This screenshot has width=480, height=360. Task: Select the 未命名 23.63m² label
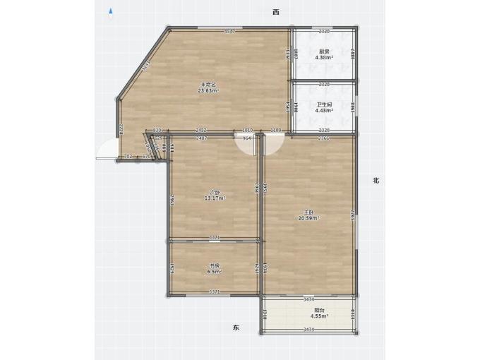(207, 88)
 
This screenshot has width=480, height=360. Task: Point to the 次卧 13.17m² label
(215, 196)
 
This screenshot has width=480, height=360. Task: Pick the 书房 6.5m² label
(215, 268)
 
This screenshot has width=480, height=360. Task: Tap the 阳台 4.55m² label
(319, 313)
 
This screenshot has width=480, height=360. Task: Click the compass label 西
(277, 12)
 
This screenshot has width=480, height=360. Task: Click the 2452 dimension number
(200, 131)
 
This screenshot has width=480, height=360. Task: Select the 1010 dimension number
(248, 131)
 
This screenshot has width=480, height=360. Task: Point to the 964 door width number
(247, 138)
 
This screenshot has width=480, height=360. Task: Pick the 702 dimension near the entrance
(127, 156)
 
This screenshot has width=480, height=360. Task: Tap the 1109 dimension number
(276, 131)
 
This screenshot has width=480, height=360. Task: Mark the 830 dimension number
(157, 131)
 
